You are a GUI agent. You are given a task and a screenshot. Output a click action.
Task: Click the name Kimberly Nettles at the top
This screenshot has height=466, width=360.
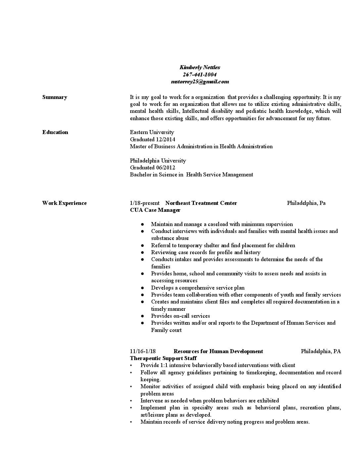coord(200,68)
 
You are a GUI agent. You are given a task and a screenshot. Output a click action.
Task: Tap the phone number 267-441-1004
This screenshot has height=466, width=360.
coord(200,74)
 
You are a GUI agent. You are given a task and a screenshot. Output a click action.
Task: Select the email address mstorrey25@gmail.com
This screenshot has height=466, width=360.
coord(200,82)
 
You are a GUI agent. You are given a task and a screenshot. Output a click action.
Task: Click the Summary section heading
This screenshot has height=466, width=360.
coord(55,97)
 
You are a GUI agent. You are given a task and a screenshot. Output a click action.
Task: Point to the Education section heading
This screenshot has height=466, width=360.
coord(55,132)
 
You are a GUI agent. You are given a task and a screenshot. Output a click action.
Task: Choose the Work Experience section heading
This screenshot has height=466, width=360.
coord(64,203)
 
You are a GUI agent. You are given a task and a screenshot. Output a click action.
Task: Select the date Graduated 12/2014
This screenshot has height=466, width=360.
coord(152,139)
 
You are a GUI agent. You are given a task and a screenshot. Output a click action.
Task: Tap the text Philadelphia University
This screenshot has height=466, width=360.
coord(158,161)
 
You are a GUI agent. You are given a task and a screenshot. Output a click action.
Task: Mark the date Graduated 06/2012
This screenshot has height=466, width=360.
coord(152,167)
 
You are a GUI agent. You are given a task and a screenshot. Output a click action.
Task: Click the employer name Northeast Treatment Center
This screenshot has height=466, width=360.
coord(201,203)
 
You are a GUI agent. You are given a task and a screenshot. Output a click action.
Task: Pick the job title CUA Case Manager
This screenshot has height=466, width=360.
coord(155,210)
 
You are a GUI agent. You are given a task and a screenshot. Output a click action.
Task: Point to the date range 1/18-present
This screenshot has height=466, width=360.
coord(145,203)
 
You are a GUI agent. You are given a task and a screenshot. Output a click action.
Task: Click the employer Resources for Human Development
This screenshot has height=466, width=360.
coord(218,351)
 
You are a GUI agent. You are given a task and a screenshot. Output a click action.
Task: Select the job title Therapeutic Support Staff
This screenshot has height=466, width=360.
coord(163,358)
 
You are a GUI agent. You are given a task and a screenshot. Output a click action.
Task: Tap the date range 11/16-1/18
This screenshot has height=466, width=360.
coord(143,351)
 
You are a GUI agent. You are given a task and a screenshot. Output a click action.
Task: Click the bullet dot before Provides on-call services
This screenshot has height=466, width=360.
coord(142,316)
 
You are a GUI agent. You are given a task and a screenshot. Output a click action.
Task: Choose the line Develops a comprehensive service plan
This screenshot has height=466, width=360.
coord(198,288)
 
